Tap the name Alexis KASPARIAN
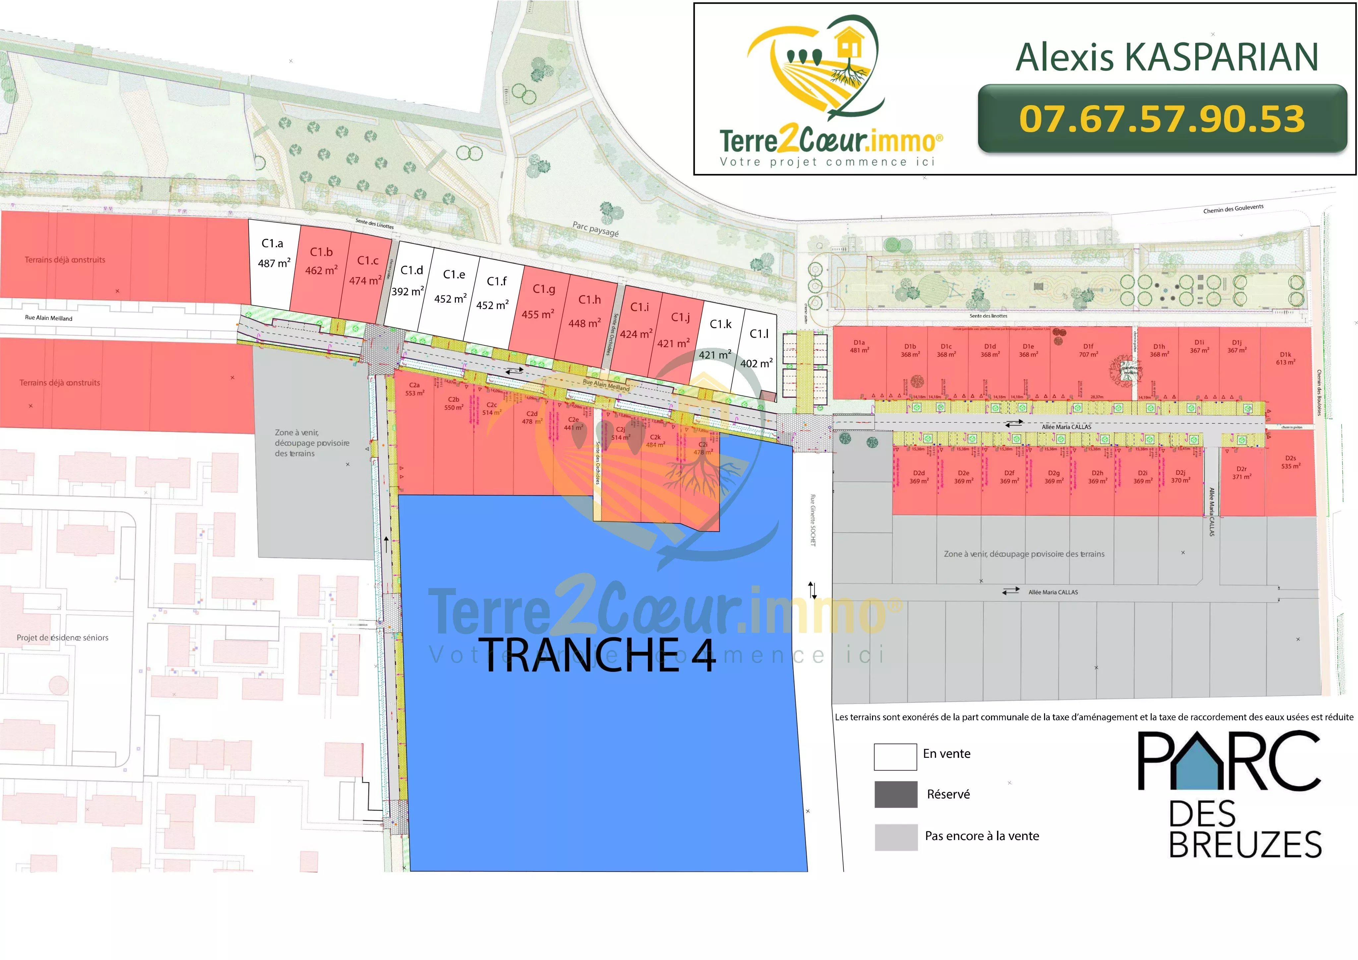pos(1166,57)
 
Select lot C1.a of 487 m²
pos(273,254)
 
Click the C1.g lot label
pos(543,289)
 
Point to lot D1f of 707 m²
pos(1088,350)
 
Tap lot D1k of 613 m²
pos(1285,358)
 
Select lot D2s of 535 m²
pos(1290,462)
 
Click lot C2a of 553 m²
pos(415,389)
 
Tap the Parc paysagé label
pos(595,229)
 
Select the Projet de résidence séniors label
pos(63,638)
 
